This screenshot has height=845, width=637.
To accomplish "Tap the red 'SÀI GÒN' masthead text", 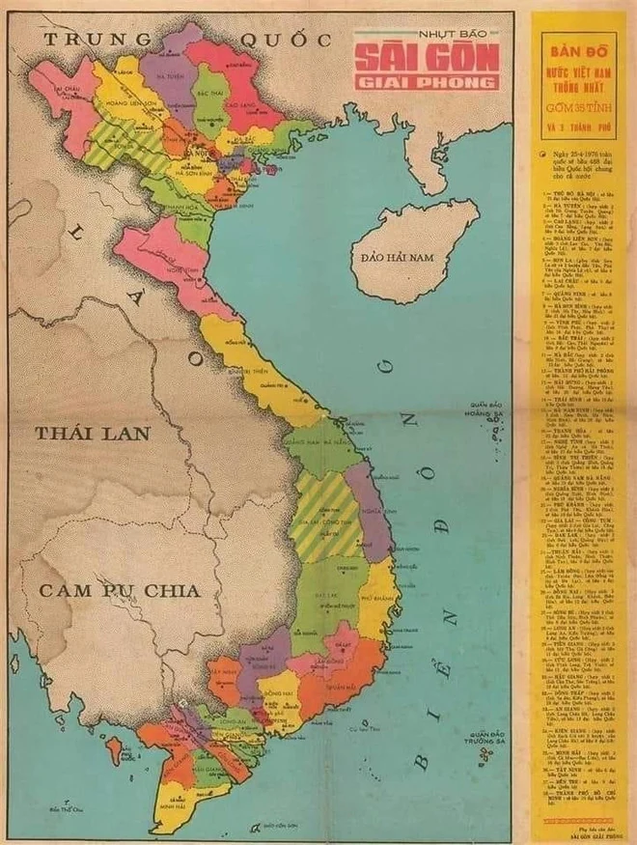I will pyautogui.click(x=427, y=58).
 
